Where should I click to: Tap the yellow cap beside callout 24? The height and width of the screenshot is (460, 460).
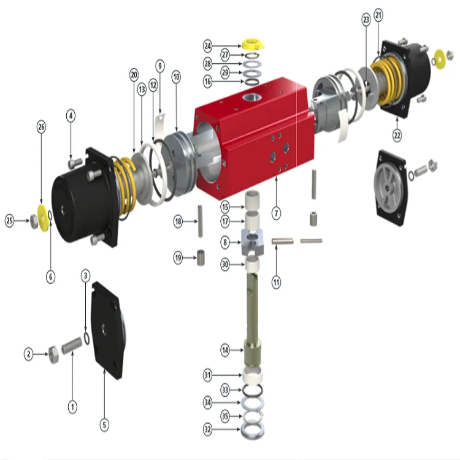pos(251,44)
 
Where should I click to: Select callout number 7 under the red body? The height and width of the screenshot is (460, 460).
pos(277,213)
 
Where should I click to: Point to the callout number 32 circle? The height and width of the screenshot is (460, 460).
pos(208,430)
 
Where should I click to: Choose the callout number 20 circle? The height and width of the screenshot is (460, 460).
pos(134,74)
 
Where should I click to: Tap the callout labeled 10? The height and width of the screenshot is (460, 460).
pos(176,77)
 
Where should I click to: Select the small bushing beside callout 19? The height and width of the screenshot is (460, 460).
pos(201,258)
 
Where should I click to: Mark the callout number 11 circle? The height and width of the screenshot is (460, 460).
pos(277,283)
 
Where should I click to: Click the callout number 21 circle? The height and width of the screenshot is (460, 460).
pos(378,13)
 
